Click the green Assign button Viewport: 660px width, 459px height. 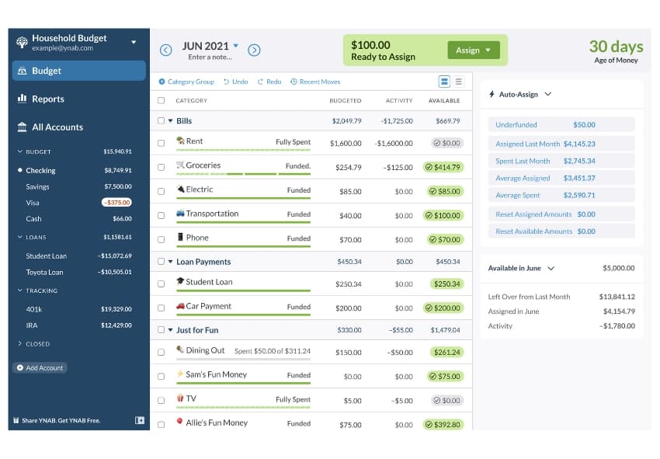coord(472,50)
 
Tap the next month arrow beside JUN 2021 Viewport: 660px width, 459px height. coord(254,50)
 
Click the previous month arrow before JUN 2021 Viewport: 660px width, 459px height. coord(165,50)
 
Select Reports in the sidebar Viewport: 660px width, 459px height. coord(47,99)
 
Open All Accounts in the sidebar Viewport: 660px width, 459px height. coord(57,127)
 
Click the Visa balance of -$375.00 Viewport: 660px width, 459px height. coord(116,203)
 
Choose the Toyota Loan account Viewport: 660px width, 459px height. coord(44,273)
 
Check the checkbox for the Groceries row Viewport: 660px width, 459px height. coord(162,167)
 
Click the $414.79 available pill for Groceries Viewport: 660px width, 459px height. coord(443,167)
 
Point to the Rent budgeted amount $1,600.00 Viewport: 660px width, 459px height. coord(346,143)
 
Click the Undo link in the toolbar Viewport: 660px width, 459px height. coord(236,82)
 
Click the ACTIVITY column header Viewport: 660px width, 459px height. coord(399,101)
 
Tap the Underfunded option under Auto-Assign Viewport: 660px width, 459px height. coord(516,125)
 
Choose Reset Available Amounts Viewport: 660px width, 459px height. coord(534,231)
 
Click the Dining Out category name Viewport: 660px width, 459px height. coord(205,350)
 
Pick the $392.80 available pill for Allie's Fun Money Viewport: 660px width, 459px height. coord(443,425)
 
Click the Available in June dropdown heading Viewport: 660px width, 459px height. coord(521,268)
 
